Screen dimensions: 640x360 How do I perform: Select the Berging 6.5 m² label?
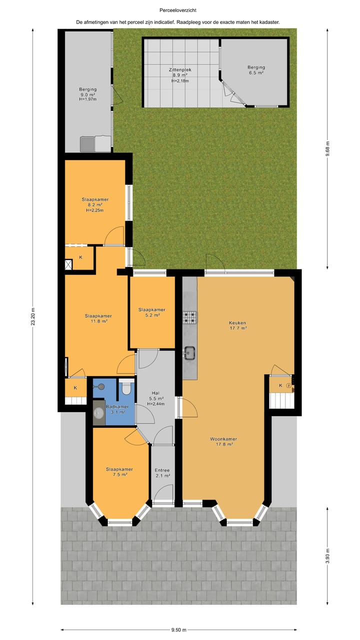pyautogui.click(x=256, y=70)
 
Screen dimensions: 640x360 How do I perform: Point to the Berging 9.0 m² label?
pyautogui.click(x=87, y=94)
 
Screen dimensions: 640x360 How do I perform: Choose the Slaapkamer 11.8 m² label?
pyautogui.click(x=98, y=318)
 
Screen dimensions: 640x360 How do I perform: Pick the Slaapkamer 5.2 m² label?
pyautogui.click(x=152, y=312)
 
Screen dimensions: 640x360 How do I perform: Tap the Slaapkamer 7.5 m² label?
pyautogui.click(x=119, y=472)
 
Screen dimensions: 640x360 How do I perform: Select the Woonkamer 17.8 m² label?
pyautogui.click(x=223, y=441)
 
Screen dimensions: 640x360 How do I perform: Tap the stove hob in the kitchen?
pyautogui.click(x=190, y=316)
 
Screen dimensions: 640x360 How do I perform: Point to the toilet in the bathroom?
pyautogui.click(x=126, y=387)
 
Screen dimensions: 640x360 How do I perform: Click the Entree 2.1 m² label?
pyautogui.click(x=162, y=473)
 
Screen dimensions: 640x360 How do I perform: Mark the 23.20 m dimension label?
pyautogui.click(x=33, y=316)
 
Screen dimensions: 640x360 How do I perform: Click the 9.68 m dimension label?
pyautogui.click(x=328, y=148)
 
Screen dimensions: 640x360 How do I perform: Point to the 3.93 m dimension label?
pyautogui.click(x=328, y=555)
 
